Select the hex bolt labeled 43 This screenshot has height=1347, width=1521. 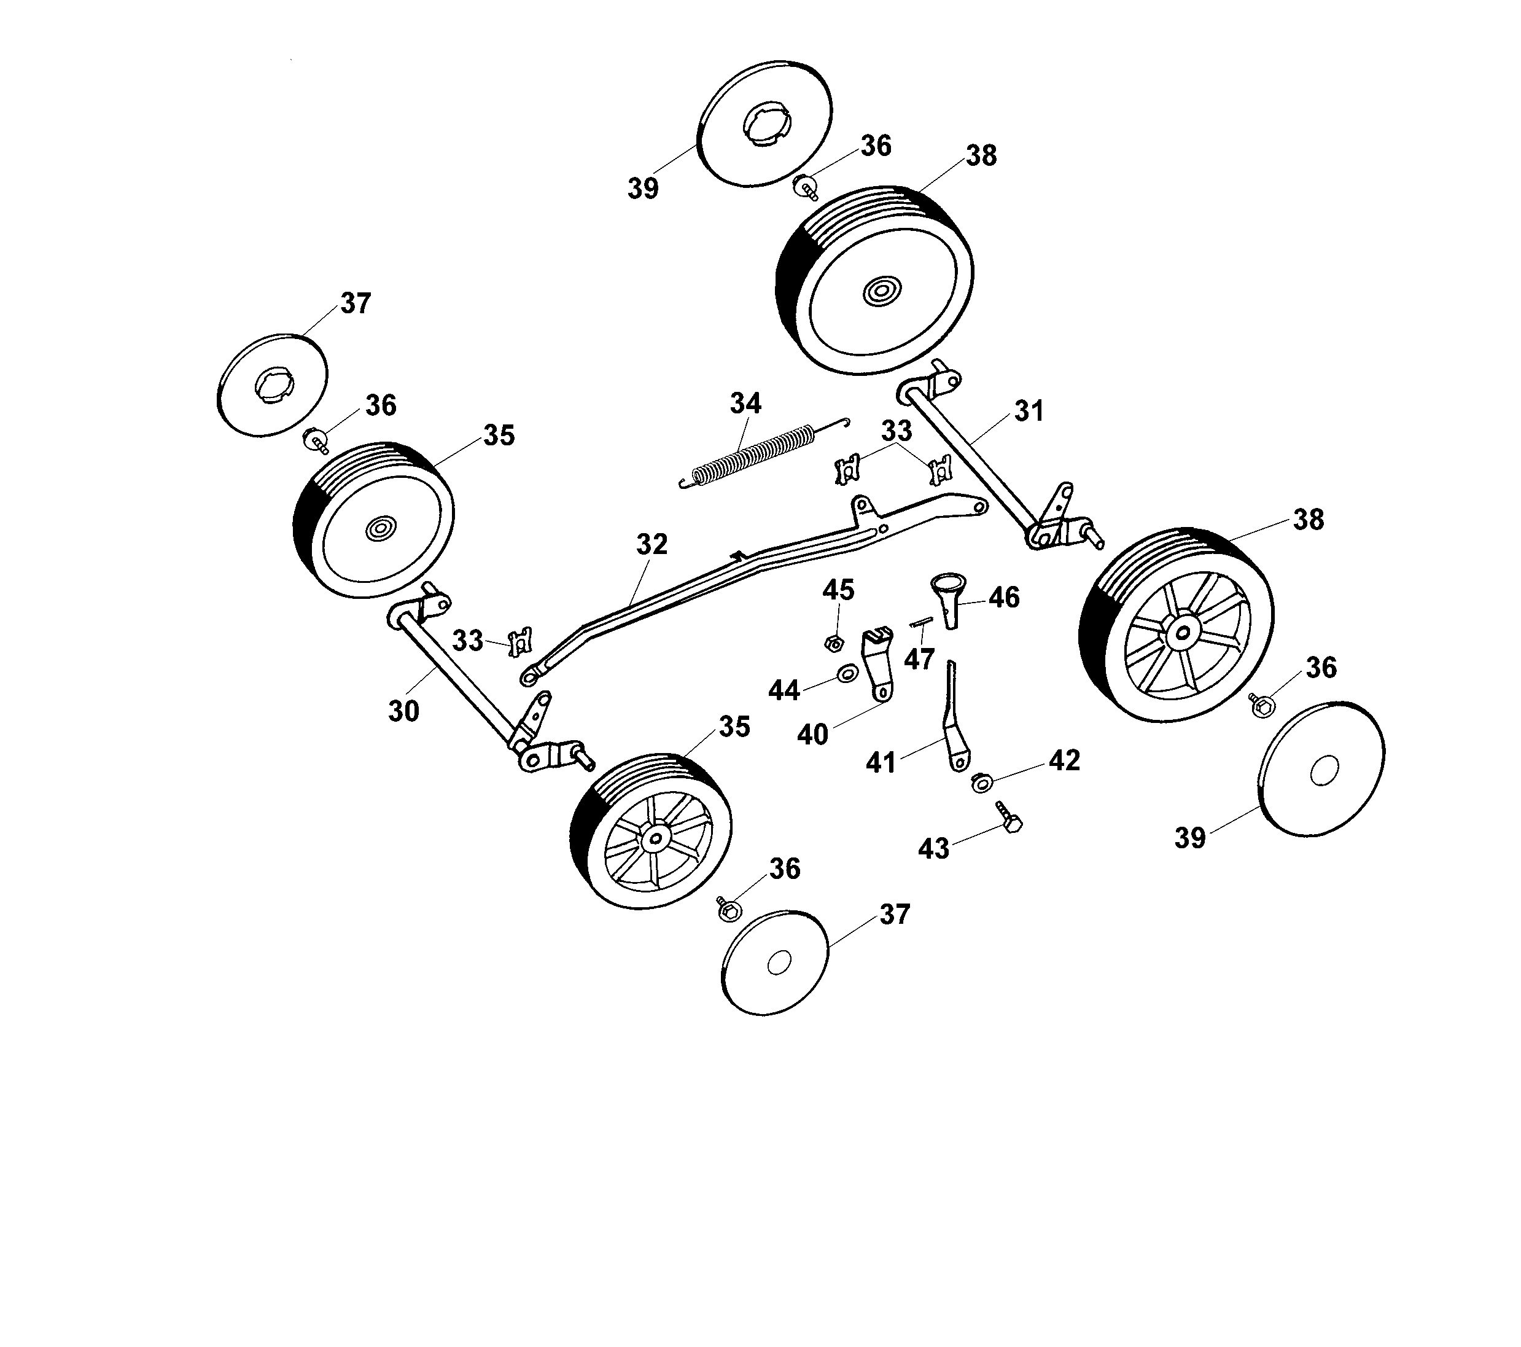(x=1009, y=817)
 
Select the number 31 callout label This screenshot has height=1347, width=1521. (x=1029, y=412)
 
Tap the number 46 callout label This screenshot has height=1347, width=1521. (x=1004, y=598)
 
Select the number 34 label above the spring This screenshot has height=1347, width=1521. (x=745, y=404)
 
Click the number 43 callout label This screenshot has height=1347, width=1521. (x=934, y=849)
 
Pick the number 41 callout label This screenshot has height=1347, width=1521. (x=881, y=763)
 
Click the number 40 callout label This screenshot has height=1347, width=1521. (x=812, y=735)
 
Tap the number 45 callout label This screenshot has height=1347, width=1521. (x=838, y=590)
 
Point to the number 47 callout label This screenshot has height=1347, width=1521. (x=919, y=659)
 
